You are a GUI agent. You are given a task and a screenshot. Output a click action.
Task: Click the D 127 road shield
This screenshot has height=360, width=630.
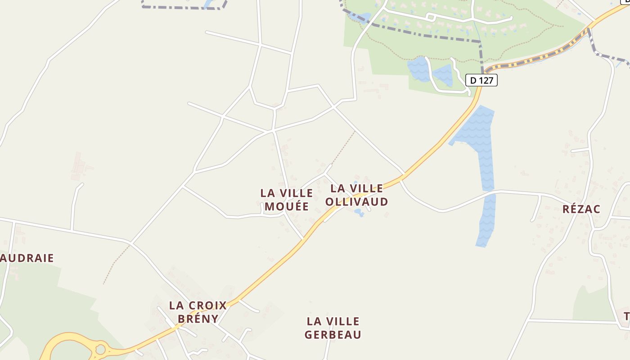coord(481,80)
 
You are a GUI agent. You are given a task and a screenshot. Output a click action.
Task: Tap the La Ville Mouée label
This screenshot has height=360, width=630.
coord(287,199)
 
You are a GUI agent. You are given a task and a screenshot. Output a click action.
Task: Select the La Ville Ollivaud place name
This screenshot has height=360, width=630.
coord(356,195)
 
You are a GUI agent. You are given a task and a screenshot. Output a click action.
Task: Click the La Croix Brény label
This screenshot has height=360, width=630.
coord(198,312)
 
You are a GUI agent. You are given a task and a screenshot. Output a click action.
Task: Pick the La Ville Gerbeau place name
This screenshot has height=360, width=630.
coord(333,328)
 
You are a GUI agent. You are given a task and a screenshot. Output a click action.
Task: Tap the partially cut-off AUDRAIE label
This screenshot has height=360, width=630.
coord(27,258)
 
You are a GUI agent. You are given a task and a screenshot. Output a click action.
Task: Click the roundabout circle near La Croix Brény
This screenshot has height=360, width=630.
coord(100,349)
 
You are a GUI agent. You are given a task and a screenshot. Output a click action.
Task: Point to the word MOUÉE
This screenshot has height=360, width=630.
coord(287,206)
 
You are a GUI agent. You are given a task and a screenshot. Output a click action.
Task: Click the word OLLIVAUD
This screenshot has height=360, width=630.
coord(356,202)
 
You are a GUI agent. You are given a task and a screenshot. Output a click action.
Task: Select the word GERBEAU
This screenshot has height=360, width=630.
coord(333,334)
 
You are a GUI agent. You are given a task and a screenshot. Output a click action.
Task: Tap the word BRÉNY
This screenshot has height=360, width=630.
coord(198,319)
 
